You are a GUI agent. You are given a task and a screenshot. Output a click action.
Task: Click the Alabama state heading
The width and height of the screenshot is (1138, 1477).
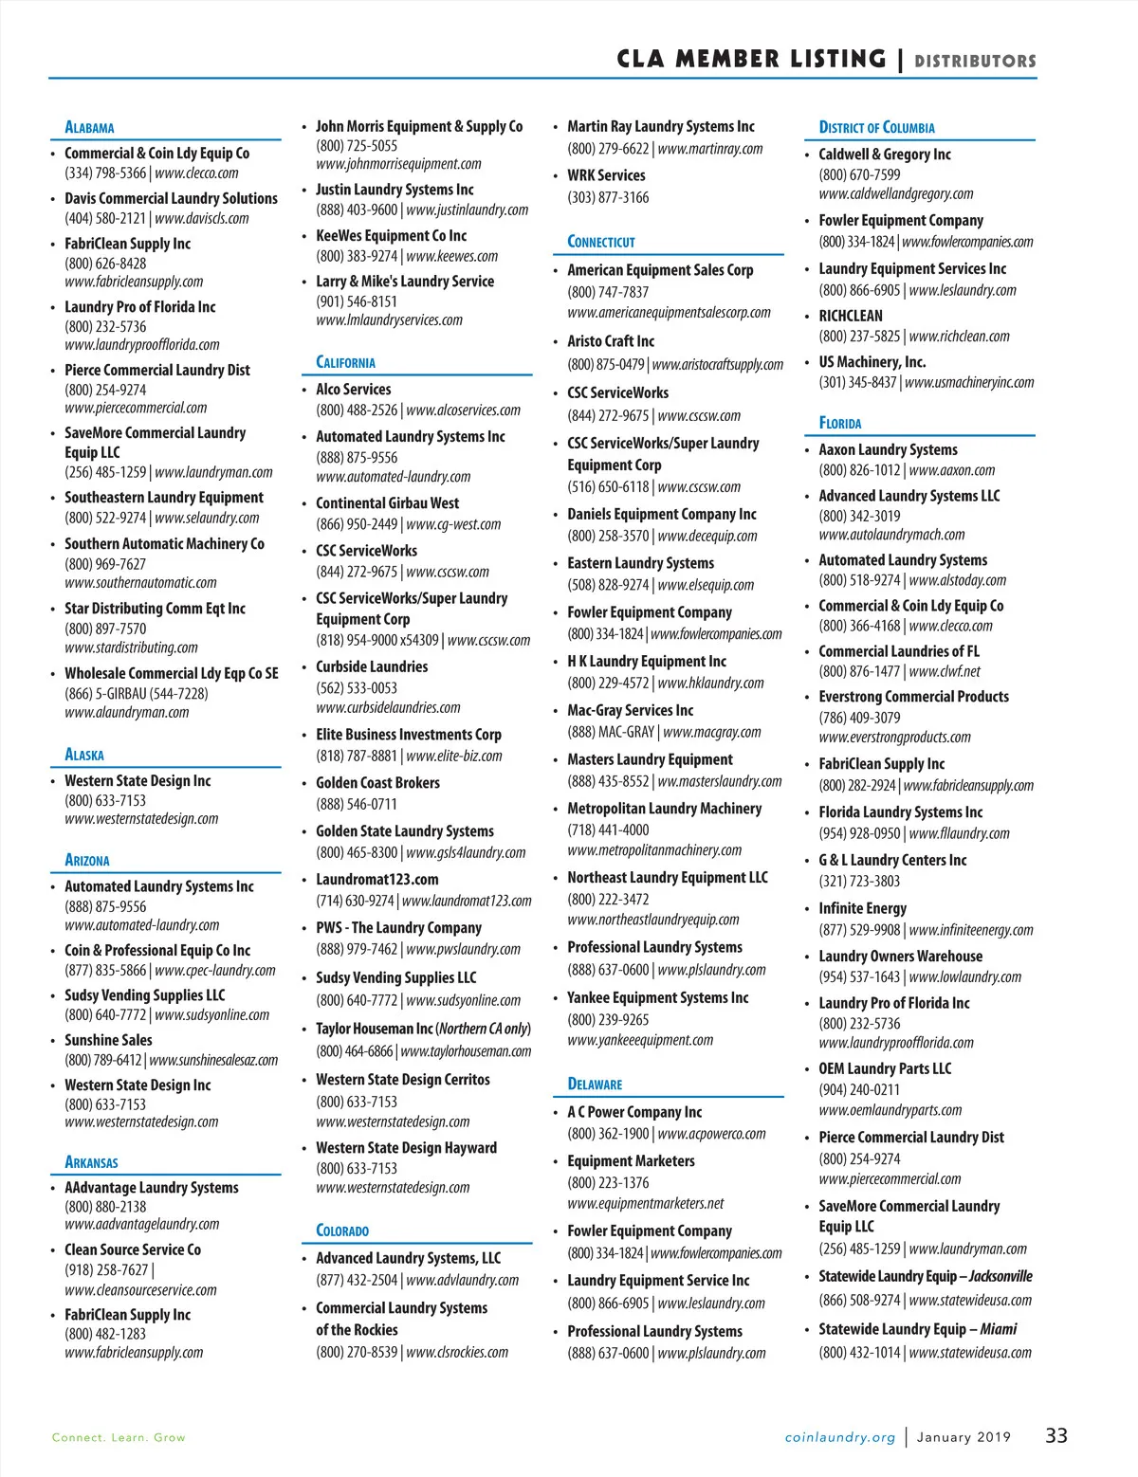(x=89, y=127)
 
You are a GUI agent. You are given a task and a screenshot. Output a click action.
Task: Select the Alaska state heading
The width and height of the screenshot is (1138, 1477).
(x=84, y=755)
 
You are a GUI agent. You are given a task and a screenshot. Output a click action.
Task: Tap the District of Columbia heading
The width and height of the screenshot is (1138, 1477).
(x=876, y=127)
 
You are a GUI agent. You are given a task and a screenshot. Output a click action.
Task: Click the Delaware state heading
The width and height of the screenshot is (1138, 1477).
(x=595, y=1084)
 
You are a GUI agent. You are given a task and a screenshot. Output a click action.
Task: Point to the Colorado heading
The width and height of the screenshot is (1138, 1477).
(x=342, y=1231)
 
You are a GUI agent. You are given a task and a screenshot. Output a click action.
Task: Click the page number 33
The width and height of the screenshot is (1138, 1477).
(x=1056, y=1435)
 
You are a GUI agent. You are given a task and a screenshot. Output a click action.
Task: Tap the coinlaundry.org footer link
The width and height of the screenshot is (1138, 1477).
(x=840, y=1437)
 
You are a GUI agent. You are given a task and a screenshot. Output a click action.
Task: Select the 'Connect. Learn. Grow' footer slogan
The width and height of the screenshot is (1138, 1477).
(x=119, y=1437)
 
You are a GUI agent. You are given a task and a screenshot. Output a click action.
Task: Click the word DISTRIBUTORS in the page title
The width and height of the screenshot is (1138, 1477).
(x=975, y=62)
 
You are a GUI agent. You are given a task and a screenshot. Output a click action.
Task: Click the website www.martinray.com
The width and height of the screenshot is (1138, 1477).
(x=710, y=149)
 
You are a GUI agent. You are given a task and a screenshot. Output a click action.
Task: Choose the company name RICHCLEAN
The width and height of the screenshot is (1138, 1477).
(x=851, y=316)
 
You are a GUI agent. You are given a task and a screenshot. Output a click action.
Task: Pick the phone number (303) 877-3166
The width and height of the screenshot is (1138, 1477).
(x=608, y=197)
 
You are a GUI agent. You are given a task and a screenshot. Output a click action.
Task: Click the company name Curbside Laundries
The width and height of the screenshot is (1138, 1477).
(x=372, y=666)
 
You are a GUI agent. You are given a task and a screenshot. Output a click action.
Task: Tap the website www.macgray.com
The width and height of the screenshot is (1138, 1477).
(x=712, y=732)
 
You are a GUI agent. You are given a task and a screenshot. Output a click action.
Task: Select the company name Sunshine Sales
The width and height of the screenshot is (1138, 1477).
(x=108, y=1040)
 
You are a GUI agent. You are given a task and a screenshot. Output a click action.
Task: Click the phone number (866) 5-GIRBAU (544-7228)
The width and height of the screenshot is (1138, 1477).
(x=137, y=693)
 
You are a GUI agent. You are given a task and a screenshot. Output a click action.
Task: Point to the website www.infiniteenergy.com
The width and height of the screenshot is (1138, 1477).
(x=971, y=930)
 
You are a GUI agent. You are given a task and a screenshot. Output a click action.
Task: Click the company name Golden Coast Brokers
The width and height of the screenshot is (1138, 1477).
(x=377, y=783)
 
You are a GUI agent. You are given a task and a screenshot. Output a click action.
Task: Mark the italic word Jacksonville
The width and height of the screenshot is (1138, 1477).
(x=1000, y=1276)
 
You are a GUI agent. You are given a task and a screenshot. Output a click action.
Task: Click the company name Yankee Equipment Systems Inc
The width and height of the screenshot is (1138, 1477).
(x=658, y=998)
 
